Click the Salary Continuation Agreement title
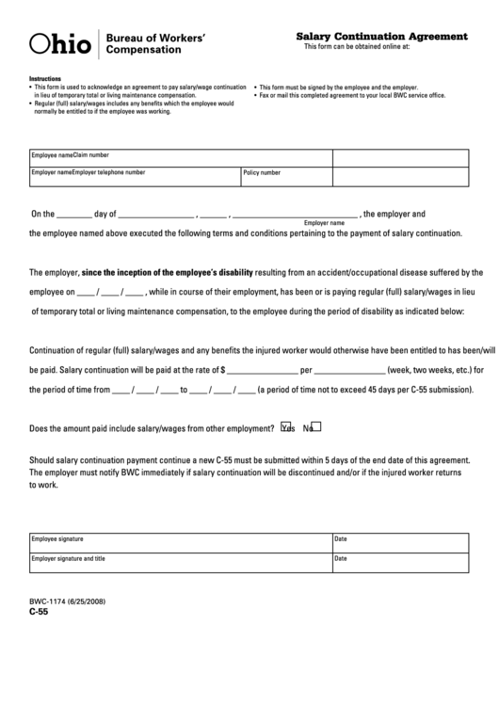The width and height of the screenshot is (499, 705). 381,36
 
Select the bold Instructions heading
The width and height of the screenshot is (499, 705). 45,78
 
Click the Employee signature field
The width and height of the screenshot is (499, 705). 179,545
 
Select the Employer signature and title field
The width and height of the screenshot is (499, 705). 179,564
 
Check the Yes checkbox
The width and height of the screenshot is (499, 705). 286,425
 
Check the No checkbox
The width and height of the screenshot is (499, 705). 316,425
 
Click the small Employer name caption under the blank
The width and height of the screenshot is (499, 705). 321,222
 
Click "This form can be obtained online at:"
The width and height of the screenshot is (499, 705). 357,46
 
